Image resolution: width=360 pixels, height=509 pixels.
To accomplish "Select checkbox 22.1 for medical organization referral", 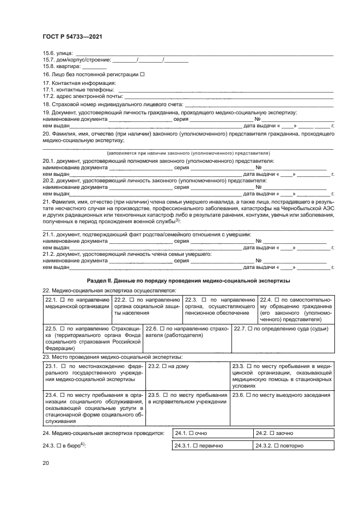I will [62, 299].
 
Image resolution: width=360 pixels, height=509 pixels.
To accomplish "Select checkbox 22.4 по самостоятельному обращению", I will [277, 299].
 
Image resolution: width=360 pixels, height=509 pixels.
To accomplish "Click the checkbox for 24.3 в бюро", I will [58, 446].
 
